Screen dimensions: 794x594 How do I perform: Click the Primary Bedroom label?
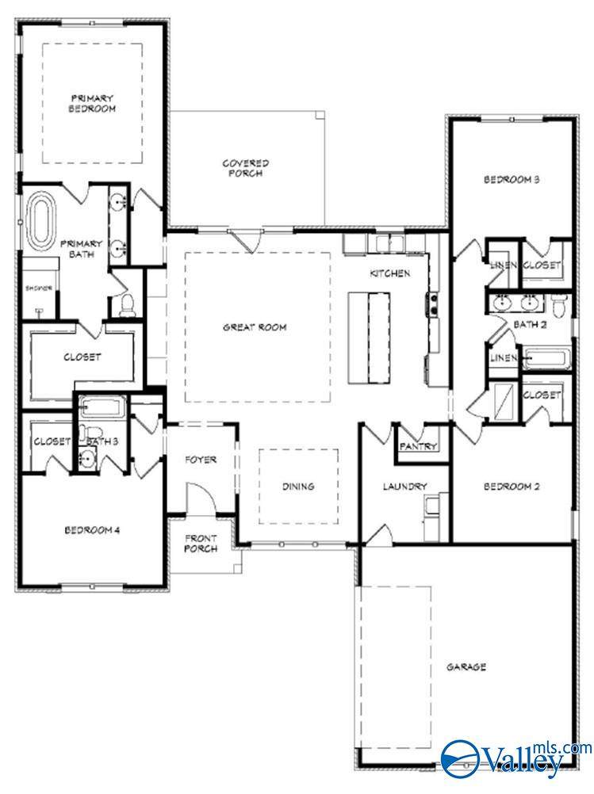(x=92, y=102)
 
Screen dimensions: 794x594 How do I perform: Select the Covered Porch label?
(x=245, y=168)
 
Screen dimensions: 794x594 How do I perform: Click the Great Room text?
(x=255, y=327)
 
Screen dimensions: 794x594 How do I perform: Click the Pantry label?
(x=418, y=447)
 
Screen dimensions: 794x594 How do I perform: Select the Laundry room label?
(x=405, y=487)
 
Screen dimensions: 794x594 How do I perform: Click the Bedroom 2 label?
(x=512, y=487)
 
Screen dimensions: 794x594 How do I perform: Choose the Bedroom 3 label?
(x=512, y=180)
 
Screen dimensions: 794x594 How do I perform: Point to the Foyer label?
(x=201, y=460)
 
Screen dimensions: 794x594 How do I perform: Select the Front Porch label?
(x=201, y=544)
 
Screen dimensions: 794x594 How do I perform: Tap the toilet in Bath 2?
(x=559, y=303)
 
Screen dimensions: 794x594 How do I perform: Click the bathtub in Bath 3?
(x=102, y=409)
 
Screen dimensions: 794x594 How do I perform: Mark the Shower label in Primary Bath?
(x=38, y=288)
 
